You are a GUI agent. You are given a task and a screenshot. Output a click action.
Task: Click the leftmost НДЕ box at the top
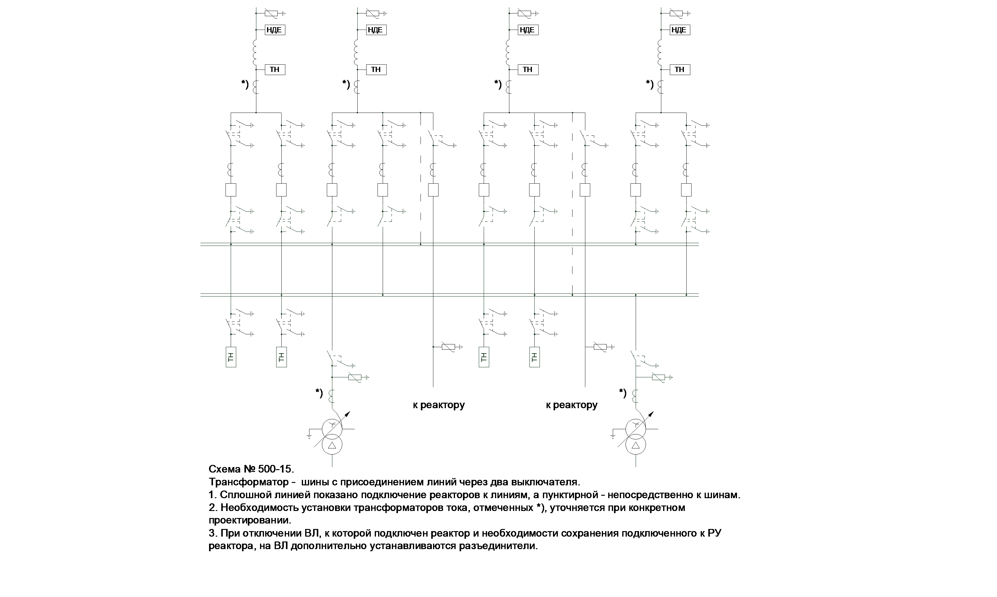click(275, 30)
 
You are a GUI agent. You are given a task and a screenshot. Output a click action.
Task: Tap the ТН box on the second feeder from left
click(376, 70)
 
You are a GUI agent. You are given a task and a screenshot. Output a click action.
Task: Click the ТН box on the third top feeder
click(527, 70)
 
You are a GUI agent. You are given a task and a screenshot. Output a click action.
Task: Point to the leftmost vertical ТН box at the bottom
click(230, 357)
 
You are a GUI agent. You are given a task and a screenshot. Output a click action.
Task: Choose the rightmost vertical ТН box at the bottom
click(534, 357)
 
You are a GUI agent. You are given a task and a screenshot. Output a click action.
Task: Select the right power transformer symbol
click(636, 437)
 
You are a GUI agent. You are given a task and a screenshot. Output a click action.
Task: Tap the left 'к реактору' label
click(439, 405)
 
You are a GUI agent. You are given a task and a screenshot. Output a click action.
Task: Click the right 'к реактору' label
click(571, 405)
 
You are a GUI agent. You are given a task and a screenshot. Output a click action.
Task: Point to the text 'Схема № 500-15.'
click(251, 469)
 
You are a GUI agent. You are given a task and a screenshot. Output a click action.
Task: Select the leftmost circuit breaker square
click(230, 190)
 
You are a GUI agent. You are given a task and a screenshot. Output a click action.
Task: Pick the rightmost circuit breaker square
click(686, 190)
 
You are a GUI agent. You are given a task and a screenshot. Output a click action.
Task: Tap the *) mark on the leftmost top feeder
click(245, 85)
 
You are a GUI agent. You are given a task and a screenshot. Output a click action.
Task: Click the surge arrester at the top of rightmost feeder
click(676, 13)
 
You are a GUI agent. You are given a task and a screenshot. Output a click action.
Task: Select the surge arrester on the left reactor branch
click(448, 347)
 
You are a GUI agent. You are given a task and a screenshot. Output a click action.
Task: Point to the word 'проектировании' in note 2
click(249, 520)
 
